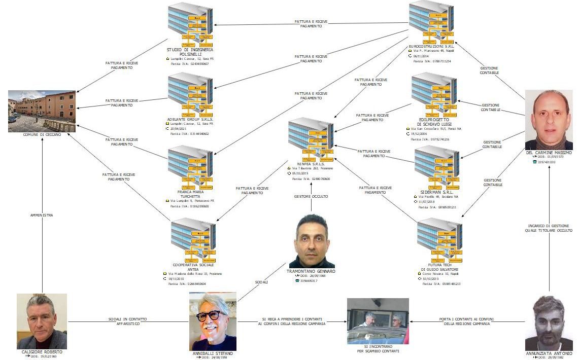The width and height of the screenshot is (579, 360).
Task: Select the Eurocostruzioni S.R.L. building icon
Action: (x=433, y=23)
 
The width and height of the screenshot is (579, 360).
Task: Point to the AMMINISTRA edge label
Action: (x=42, y=215)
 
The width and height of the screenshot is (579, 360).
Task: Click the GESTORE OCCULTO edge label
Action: (x=311, y=196)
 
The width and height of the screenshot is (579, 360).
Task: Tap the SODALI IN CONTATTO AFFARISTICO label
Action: (x=127, y=321)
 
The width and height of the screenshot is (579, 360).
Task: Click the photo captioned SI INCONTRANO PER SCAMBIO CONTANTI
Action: (x=378, y=321)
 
